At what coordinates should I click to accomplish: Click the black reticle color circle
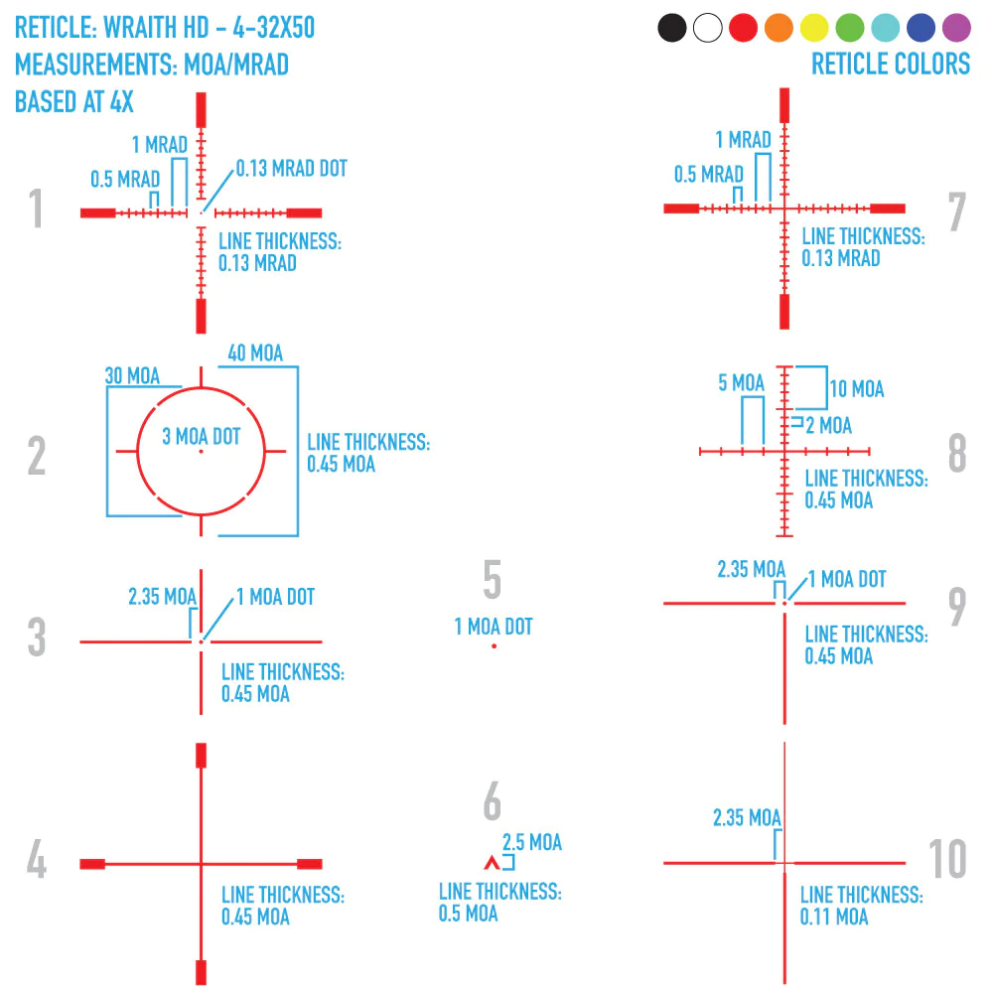pos(672,28)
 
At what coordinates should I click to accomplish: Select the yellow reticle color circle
pos(814,28)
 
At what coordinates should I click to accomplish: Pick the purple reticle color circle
pos(956,28)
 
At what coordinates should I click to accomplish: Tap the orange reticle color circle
pos(779,28)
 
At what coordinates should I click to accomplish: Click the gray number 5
pos(493,581)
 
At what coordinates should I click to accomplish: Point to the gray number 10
pos(948,859)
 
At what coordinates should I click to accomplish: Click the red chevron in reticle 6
pos(489,862)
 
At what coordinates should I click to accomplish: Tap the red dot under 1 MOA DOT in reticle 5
pos(494,646)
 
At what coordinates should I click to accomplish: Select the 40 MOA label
pos(255,354)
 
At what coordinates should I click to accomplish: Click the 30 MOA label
pos(132,376)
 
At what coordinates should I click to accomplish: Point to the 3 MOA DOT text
pos(202,436)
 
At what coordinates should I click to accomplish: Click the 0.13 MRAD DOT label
pos(292,169)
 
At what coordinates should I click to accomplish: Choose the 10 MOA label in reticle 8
pos(857,388)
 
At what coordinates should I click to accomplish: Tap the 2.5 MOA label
pos(532,843)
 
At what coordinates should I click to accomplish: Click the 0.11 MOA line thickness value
pos(834,917)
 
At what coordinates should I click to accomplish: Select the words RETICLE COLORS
pos(891,65)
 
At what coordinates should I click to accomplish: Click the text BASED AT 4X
pos(74,101)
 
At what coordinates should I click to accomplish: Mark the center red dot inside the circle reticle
pos(201,452)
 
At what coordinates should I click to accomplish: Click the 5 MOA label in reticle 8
pos(742,382)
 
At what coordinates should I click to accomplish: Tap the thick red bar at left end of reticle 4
pos(92,864)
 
